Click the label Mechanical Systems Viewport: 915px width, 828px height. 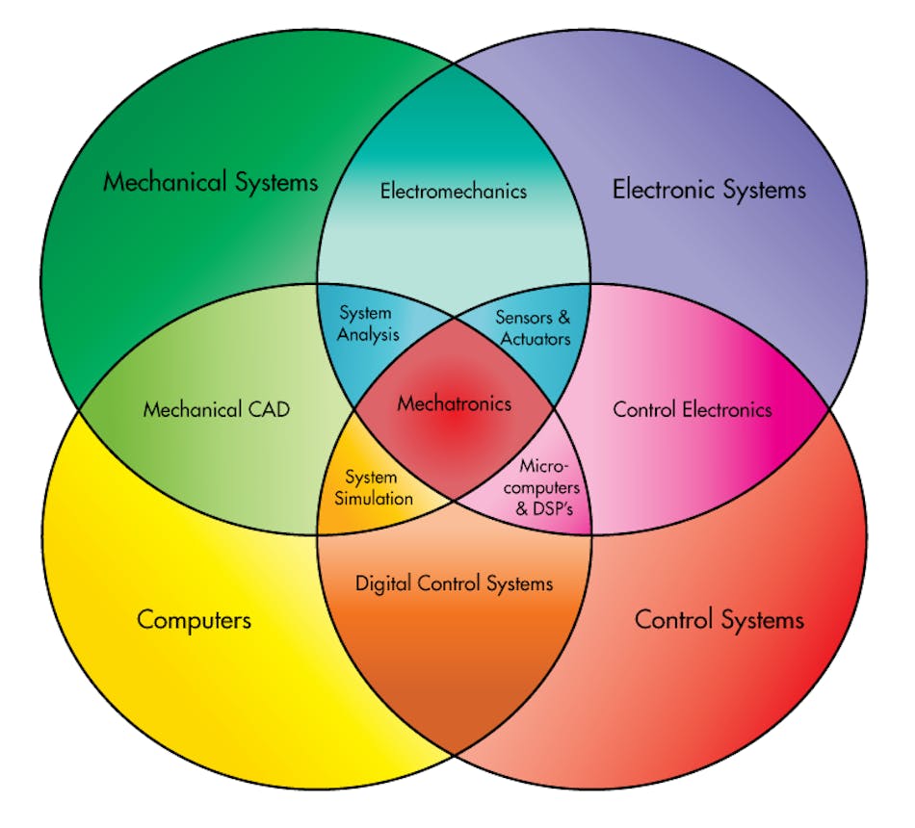click(210, 181)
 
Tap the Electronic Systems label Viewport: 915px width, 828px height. click(709, 189)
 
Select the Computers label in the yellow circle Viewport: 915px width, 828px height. click(194, 618)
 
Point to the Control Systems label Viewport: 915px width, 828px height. click(719, 618)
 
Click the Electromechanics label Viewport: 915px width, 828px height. click(454, 191)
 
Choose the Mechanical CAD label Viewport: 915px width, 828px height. click(217, 409)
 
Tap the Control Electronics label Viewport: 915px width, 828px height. click(693, 409)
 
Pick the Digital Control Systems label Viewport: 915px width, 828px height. click(454, 582)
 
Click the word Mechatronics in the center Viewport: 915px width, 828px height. click(455, 403)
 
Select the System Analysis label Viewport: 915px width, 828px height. click(367, 324)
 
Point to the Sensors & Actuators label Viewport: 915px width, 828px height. click(533, 326)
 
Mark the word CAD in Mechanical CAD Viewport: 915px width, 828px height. click(269, 409)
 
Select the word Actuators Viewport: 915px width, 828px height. click(535, 338)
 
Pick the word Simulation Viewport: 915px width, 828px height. click(379, 498)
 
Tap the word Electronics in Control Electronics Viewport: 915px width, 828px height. click(726, 409)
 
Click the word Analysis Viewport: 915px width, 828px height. click(369, 336)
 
